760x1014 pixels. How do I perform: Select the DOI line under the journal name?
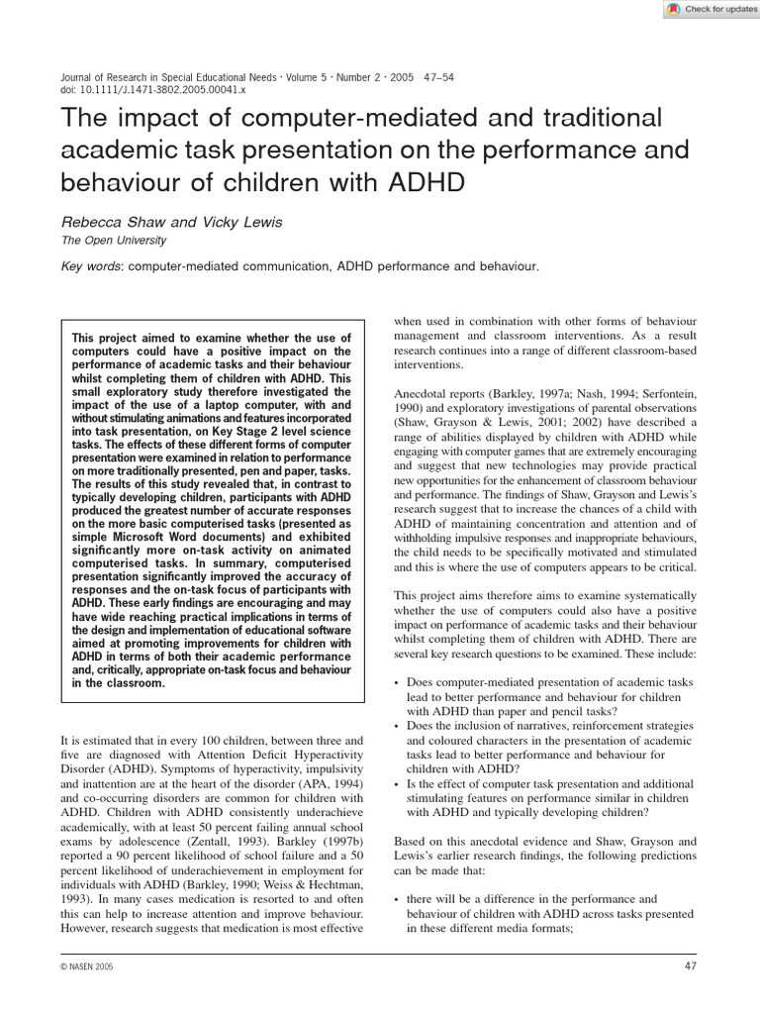(153, 89)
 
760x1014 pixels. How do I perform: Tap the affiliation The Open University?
(114, 241)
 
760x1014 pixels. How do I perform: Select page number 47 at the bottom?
(691, 965)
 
